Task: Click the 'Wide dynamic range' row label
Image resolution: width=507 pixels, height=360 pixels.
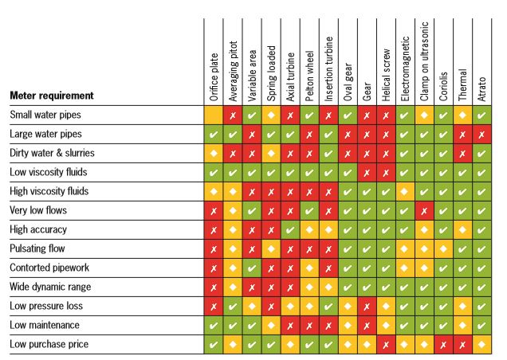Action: click(x=48, y=287)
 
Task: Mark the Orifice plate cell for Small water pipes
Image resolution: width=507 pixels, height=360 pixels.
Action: click(x=213, y=115)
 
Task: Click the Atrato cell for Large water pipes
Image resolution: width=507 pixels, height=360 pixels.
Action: click(x=481, y=134)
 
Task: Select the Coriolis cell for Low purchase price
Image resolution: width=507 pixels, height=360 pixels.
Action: click(x=443, y=344)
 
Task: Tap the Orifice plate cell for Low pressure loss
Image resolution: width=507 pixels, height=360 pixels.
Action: click(x=213, y=306)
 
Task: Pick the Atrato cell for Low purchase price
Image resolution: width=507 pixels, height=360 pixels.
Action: click(x=481, y=344)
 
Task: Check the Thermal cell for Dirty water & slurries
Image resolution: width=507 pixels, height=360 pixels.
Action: click(x=462, y=153)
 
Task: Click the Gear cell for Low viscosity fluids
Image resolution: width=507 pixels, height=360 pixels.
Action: click(x=367, y=172)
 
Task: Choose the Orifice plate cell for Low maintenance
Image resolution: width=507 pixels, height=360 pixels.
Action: click(x=213, y=325)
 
